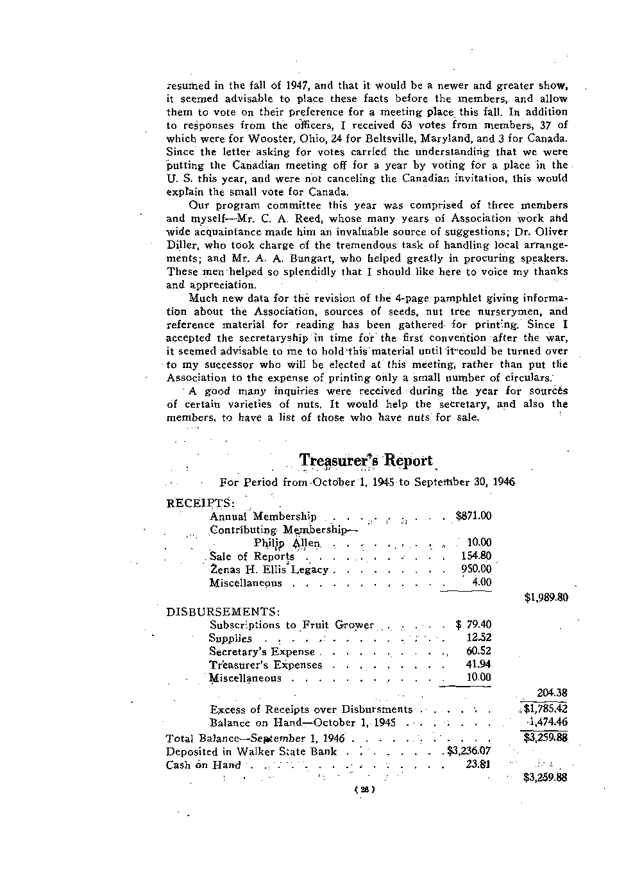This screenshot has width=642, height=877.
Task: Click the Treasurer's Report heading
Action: point(366,461)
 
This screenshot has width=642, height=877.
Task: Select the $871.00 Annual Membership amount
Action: point(473,516)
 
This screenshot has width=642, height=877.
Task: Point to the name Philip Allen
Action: point(286,543)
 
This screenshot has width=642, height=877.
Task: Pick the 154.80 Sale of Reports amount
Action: point(476,556)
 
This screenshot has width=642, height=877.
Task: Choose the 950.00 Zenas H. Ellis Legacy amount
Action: point(476,569)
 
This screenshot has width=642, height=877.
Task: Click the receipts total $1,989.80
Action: point(546,598)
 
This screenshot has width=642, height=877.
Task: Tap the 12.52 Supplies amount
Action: point(478,638)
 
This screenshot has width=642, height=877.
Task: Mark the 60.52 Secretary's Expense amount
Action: point(478,651)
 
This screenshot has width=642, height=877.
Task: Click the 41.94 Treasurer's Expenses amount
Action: point(478,665)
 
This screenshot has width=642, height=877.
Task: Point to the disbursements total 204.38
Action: point(552,692)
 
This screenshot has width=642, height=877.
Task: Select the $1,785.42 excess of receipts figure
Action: point(546,709)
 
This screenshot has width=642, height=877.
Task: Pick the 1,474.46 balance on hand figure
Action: point(547,722)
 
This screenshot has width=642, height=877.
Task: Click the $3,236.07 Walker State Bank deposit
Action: point(469,751)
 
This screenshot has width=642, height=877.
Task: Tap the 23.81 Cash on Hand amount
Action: point(478,764)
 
